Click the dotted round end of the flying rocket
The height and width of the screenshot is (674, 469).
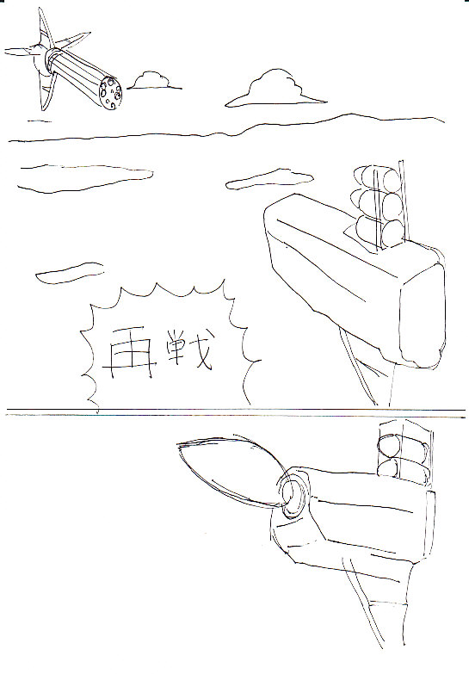pyautogui.click(x=110, y=93)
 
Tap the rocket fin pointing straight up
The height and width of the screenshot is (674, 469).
pyautogui.click(x=45, y=27)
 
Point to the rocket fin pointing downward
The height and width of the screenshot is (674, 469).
pyautogui.click(x=46, y=92)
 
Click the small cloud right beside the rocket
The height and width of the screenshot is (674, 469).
pyautogui.click(x=153, y=81)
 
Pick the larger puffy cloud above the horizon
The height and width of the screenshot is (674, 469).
pyautogui.click(x=275, y=90)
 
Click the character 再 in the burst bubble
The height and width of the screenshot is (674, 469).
pyautogui.click(x=127, y=353)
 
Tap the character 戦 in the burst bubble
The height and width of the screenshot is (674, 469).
pyautogui.click(x=188, y=349)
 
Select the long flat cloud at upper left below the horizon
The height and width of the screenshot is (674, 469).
pyautogui.click(x=84, y=177)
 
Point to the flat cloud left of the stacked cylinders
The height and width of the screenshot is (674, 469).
pyautogui.click(x=269, y=179)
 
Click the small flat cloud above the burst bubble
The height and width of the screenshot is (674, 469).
pyautogui.click(x=70, y=273)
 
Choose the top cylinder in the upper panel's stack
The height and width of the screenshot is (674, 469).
pyautogui.click(x=378, y=179)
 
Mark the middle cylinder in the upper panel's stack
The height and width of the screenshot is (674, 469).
pyautogui.click(x=378, y=205)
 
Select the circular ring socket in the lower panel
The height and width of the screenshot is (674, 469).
pyautogui.click(x=293, y=493)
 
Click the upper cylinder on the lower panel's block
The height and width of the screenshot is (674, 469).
pyautogui.click(x=403, y=444)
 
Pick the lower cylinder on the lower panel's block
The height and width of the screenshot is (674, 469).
pyautogui.click(x=403, y=469)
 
